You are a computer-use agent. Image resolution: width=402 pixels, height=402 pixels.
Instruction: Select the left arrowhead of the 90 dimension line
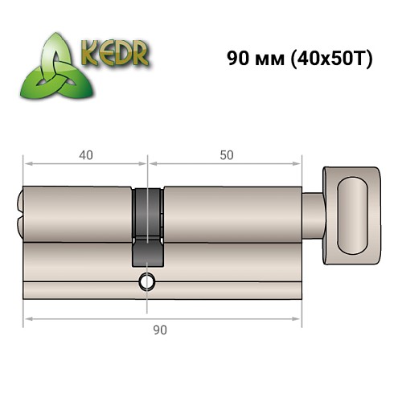26,318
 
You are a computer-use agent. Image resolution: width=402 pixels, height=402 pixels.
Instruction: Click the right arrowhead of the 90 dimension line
300,318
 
